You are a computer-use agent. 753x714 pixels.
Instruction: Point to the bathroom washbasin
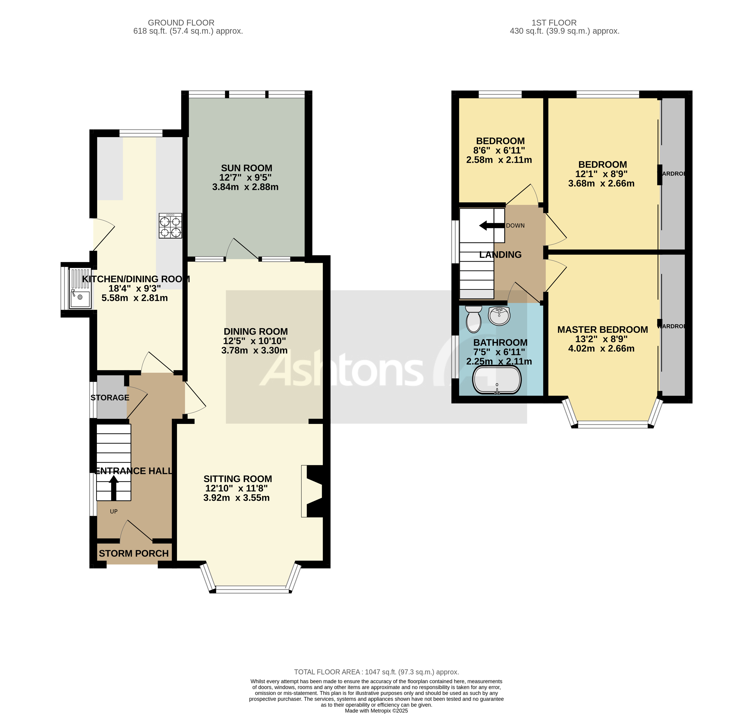pyautogui.click(x=499, y=316)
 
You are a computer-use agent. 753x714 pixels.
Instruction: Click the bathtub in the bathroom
pyautogui.click(x=497, y=380)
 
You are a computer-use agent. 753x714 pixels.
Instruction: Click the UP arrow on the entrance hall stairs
pyautogui.click(x=114, y=488)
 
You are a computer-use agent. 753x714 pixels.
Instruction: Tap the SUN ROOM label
pyautogui.click(x=246, y=168)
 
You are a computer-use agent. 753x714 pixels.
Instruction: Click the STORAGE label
pyautogui.click(x=110, y=398)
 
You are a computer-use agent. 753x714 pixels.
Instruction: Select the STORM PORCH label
pyautogui.click(x=134, y=553)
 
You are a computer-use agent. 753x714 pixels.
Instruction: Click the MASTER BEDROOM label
pyautogui.click(x=602, y=330)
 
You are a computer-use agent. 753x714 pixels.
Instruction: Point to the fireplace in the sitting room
pyautogui.click(x=313, y=491)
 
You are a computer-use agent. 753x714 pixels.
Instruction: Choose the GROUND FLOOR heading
pyautogui.click(x=181, y=23)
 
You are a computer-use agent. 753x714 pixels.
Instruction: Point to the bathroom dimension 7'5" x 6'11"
pyautogui.click(x=499, y=352)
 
